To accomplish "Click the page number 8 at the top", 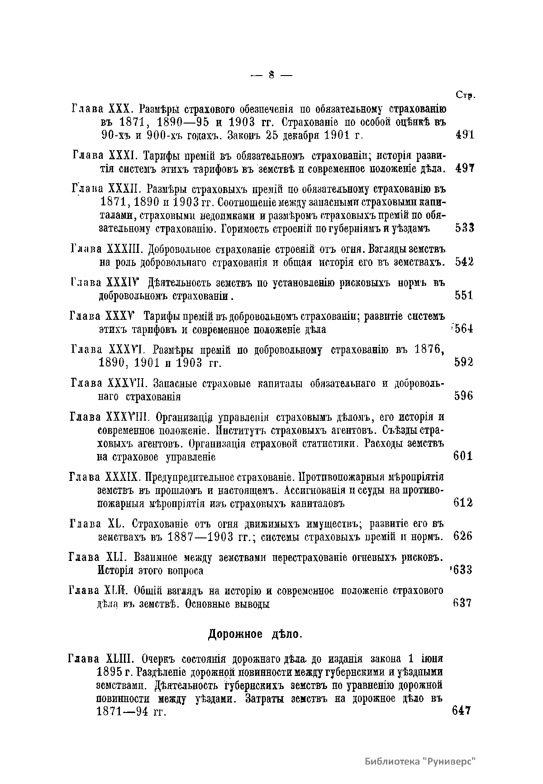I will (271, 75).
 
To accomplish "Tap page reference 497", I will (464, 168).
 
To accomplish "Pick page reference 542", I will (464, 262).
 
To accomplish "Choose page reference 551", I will (463, 295).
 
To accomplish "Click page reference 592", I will (463, 362).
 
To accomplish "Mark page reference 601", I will (463, 456).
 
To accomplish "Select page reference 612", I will (463, 503).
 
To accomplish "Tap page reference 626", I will (462, 536).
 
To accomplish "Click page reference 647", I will (462, 710).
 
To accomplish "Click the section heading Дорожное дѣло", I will (255, 634).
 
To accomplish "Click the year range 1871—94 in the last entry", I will (124, 712).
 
